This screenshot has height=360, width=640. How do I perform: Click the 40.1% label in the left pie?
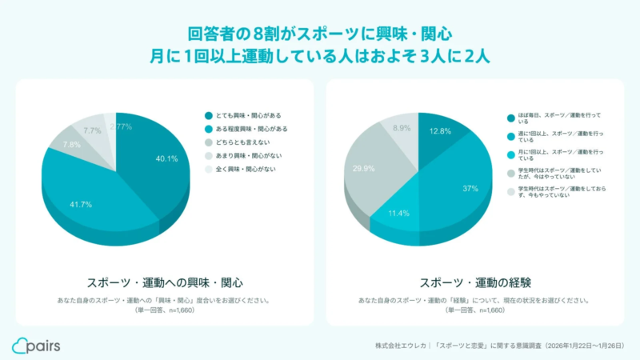166,158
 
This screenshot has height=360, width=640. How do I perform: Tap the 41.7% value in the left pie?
80,205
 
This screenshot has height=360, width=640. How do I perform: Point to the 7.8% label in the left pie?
71,145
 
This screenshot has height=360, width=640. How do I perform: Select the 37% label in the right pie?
470,188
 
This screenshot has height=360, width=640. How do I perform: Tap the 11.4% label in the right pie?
398,214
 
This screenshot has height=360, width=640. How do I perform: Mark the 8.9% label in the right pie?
402,128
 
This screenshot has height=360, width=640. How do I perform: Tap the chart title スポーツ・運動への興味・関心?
164,282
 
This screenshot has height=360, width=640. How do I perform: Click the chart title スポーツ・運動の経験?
476,282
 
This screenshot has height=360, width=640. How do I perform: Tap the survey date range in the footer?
583,346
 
